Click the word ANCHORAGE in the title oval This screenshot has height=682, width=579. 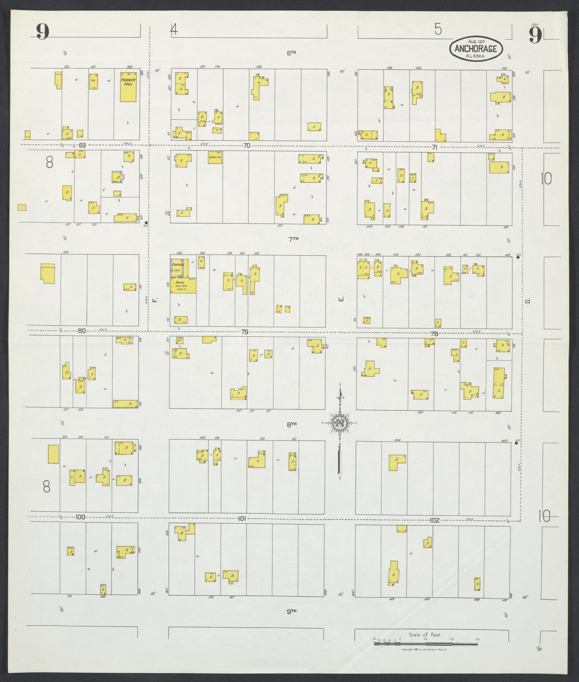point(476,49)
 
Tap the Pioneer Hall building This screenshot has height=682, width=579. point(128,87)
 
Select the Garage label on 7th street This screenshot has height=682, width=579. point(178,265)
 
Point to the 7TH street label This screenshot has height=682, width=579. point(294,239)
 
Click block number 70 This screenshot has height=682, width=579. point(246,146)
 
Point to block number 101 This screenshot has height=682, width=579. point(241,518)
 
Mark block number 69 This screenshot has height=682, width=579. point(82,145)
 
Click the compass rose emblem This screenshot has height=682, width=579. point(339,423)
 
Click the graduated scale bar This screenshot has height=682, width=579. point(426,644)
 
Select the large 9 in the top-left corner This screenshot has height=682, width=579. point(42,32)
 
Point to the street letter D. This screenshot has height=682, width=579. point(528,301)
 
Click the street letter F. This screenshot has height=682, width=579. point(154,299)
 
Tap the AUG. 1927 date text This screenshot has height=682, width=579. point(476,41)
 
